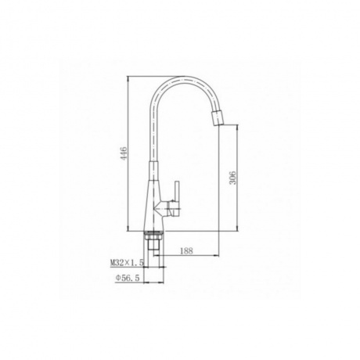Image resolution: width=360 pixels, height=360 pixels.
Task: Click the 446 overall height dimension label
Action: pyautogui.click(x=124, y=153)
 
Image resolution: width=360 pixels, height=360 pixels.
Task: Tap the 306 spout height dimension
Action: pyautogui.click(x=232, y=178)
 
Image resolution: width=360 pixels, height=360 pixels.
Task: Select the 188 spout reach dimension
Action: pyautogui.click(x=186, y=250)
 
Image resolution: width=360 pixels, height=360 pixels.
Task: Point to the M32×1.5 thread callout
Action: pyautogui.click(x=127, y=263)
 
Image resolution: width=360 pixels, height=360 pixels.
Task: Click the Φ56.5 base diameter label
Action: pyautogui.click(x=128, y=279)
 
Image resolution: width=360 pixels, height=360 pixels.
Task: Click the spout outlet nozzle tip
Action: pyautogui.click(x=218, y=118)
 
